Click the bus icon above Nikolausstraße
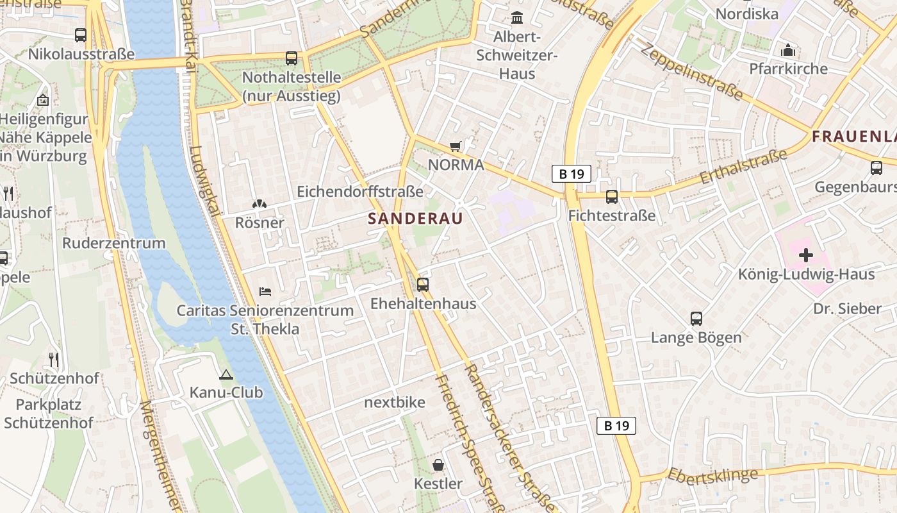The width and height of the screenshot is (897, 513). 81,35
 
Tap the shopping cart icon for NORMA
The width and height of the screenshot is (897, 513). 456,146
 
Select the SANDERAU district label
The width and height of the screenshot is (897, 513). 415,218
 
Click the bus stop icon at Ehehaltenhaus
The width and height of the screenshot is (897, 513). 423,284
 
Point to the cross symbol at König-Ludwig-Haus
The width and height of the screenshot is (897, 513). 806,255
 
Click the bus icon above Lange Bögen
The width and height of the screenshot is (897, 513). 696,318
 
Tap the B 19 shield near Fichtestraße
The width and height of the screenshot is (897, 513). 571,174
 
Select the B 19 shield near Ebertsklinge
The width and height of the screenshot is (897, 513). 616,425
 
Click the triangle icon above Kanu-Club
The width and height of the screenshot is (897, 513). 226,374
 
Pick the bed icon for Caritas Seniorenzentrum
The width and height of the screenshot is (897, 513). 265,292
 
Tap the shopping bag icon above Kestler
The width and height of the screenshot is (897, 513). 438,465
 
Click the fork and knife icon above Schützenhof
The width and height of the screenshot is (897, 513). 54,360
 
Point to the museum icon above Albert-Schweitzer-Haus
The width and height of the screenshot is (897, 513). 516,17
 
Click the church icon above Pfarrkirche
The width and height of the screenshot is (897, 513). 788,50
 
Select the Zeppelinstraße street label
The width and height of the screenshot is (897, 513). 691,72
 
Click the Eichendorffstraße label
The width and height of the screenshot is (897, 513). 360,191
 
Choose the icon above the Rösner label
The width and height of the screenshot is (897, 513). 259,205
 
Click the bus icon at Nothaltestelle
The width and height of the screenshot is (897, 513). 292,58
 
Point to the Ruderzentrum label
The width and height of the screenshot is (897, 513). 114,243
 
